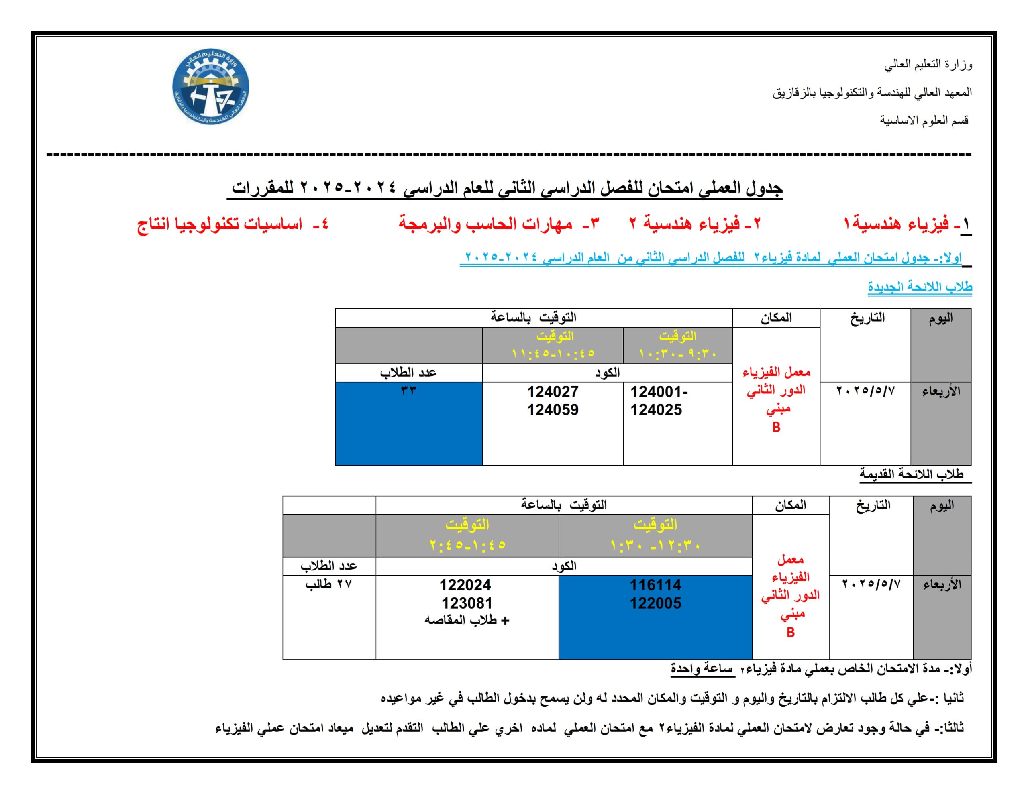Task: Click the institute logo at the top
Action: (210, 88)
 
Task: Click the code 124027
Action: (552, 392)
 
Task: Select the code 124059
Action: (552, 410)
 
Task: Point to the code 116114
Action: (655, 585)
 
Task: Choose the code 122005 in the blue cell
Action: (655, 603)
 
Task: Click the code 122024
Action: (465, 585)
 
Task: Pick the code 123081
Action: (467, 603)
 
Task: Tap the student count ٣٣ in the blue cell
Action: (408, 390)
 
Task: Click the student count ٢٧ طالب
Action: (328, 584)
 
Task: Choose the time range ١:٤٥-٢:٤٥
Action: (467, 545)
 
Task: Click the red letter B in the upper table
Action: (776, 428)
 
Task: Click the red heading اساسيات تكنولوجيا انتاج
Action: (232, 224)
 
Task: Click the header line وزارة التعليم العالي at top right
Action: (928, 65)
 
